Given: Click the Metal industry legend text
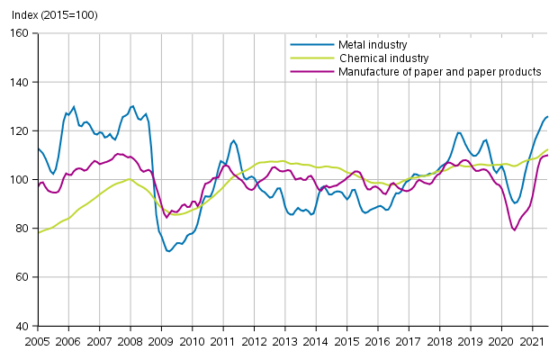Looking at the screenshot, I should (x=372, y=44).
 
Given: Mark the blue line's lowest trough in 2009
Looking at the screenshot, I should (x=168, y=251).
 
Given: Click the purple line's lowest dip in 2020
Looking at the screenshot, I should (x=515, y=230).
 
